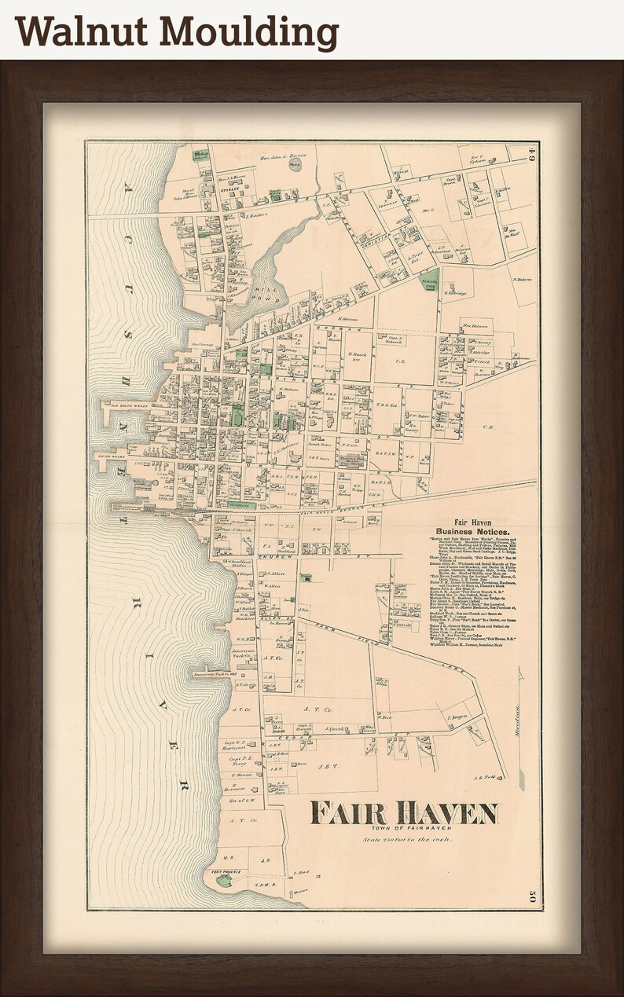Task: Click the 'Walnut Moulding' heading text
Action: pyautogui.click(x=177, y=33)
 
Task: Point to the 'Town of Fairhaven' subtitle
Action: pyautogui.click(x=403, y=828)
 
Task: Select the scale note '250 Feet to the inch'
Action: pyautogui.click(x=403, y=840)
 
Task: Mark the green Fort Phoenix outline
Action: pyautogui.click(x=224, y=881)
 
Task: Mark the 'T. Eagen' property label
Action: pyautogui.click(x=457, y=717)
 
